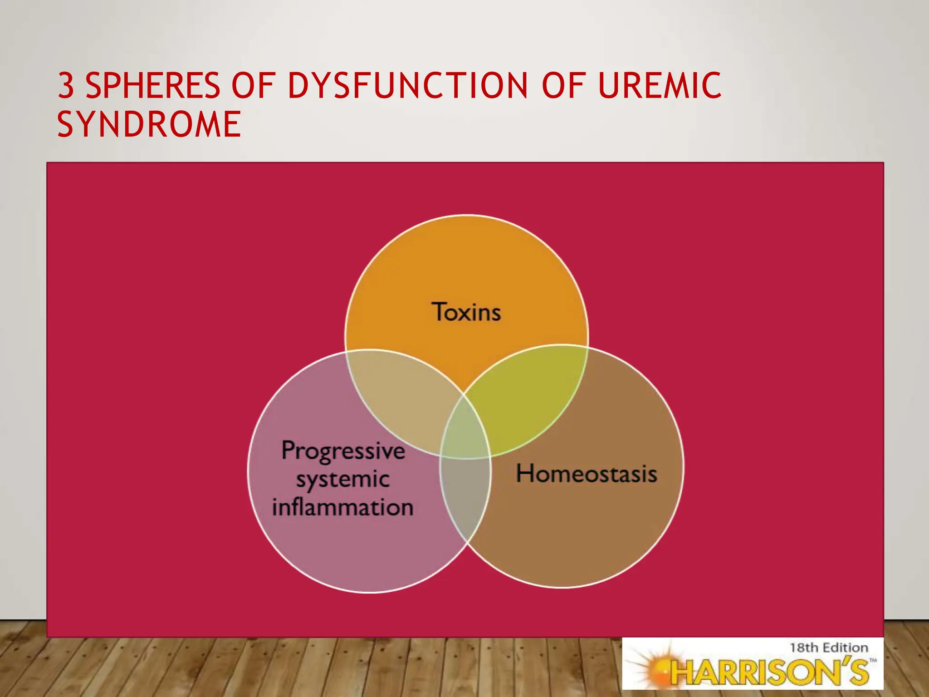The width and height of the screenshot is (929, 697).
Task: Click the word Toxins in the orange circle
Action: pyautogui.click(x=466, y=312)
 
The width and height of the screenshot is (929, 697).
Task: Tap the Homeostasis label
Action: pyautogui.click(x=587, y=474)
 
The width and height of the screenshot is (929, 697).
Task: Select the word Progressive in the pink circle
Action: pyautogui.click(x=343, y=451)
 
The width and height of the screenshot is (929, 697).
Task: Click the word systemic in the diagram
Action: pyautogui.click(x=343, y=480)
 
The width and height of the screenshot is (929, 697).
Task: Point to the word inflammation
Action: pyautogui.click(x=343, y=507)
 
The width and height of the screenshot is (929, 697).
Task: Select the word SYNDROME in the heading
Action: pyautogui.click(x=149, y=124)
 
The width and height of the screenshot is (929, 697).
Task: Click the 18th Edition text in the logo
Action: pyautogui.click(x=829, y=648)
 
